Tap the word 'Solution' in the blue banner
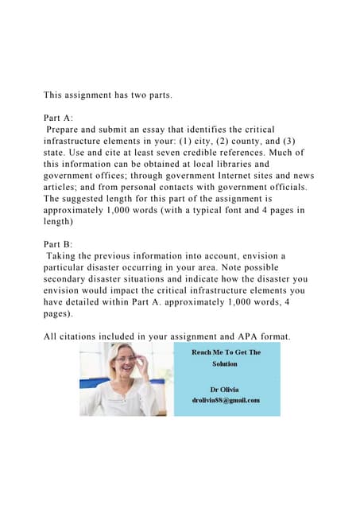(x=224, y=363)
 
